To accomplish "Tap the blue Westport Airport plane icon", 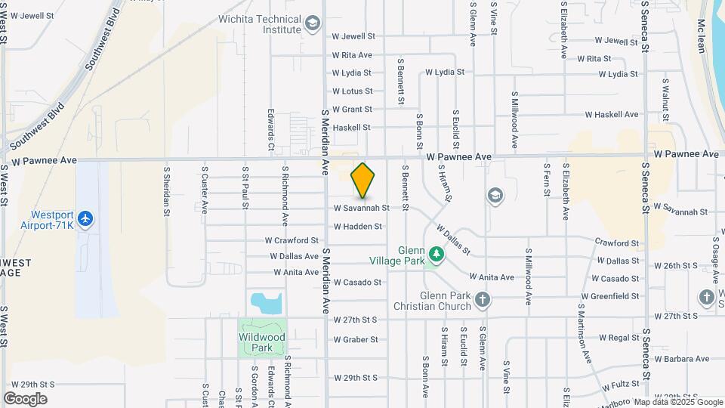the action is pos(85,219).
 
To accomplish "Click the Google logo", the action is pos(26,399).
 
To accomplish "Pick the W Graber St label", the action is pos(356,340).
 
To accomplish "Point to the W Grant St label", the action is pos(352,110).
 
